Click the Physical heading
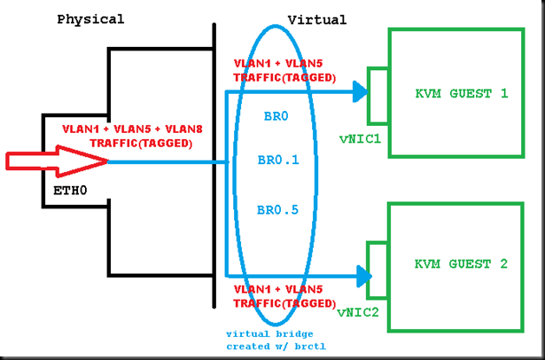[90, 19]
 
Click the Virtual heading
[316, 19]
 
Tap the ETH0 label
[70, 189]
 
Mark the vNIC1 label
[360, 138]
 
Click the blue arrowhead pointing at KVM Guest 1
[358, 90]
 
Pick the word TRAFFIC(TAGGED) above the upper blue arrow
[284, 77]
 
